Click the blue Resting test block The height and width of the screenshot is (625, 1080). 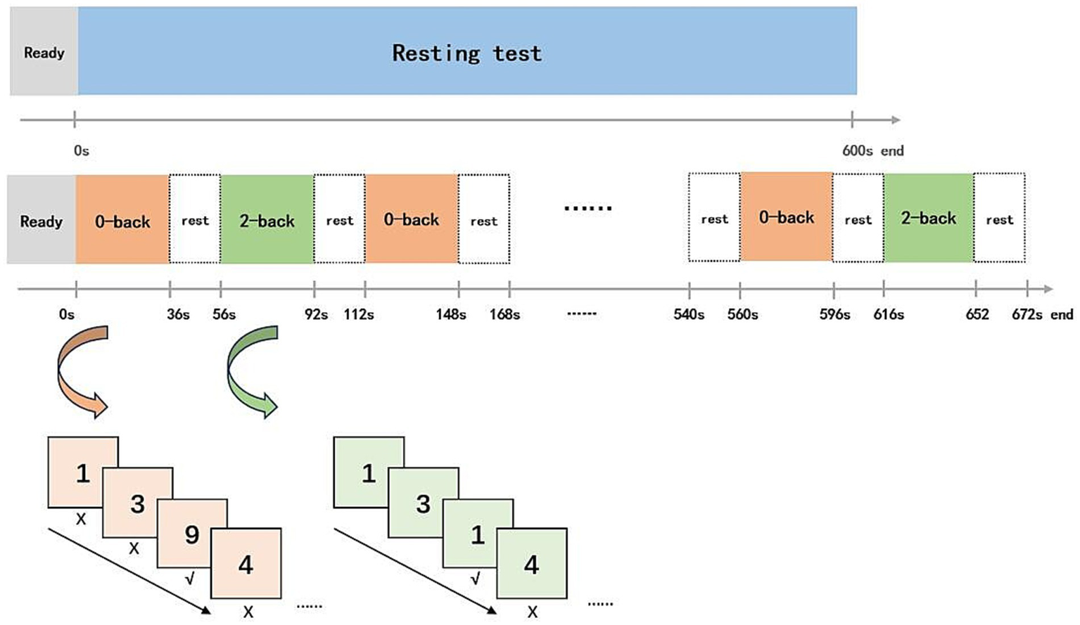[467, 52]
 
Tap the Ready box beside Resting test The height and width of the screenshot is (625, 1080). [44, 52]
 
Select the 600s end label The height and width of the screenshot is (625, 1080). [872, 150]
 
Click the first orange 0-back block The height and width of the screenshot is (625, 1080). [122, 221]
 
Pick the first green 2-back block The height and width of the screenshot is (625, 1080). [267, 221]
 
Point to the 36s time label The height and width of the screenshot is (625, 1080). [178, 314]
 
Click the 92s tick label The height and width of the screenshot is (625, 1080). [316, 314]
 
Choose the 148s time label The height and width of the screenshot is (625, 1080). [450, 314]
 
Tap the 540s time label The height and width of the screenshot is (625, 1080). [689, 314]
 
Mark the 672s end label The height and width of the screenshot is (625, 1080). [1042, 314]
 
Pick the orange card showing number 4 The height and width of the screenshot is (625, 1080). [246, 564]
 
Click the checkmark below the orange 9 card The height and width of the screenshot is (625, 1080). [189, 579]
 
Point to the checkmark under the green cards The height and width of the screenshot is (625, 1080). [476, 579]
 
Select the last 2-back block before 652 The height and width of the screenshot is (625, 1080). [928, 218]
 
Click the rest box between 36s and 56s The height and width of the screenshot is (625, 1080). [195, 221]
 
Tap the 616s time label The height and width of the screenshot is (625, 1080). [889, 314]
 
